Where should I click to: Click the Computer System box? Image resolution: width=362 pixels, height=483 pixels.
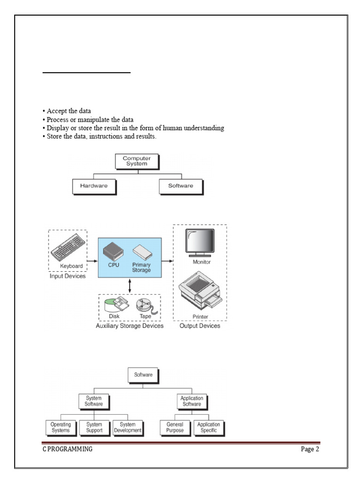point(136,161)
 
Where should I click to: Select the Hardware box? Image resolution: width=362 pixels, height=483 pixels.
point(93,186)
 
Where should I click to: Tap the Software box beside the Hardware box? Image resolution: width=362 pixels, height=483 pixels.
point(181,186)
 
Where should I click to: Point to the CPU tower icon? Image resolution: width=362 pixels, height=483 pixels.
point(113,250)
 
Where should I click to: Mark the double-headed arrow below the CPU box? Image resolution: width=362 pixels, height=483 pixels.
point(130,285)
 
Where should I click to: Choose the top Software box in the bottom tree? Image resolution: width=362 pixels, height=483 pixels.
point(143,375)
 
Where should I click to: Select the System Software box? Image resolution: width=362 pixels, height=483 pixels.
point(93,401)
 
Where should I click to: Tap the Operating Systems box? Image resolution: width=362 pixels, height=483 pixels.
point(60,427)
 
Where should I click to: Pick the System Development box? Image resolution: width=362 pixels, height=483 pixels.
point(127,427)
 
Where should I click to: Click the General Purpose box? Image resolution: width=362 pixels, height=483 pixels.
point(174,427)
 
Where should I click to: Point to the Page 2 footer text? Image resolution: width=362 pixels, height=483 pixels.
point(310,449)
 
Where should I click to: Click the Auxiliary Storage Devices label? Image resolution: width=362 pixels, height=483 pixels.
point(130,326)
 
